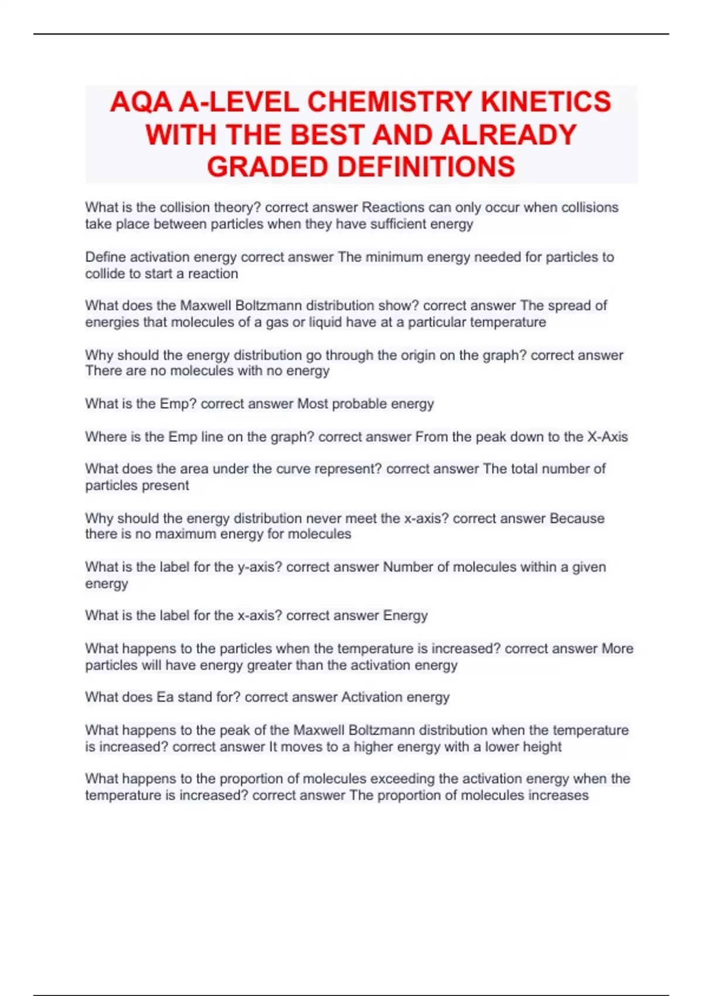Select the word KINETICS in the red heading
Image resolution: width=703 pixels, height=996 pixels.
[546, 102]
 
